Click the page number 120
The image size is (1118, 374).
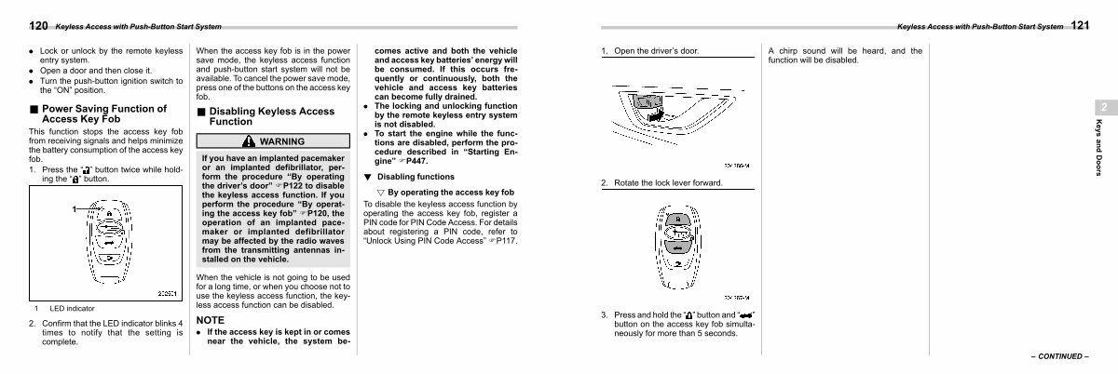tap(38, 26)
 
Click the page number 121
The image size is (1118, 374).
tap(1080, 25)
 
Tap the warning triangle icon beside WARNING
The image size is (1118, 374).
tap(249, 141)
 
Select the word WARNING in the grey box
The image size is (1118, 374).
tap(282, 141)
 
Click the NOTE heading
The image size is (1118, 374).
tap(211, 320)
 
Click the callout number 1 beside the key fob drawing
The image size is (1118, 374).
tap(75, 209)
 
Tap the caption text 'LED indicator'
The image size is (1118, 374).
tap(72, 309)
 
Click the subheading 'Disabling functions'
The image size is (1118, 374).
tap(416, 177)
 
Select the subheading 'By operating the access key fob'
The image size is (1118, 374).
tap(451, 192)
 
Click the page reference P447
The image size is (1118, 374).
tap(416, 161)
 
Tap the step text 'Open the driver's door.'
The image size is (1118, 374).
tap(656, 51)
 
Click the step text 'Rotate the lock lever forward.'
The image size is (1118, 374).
tap(668, 183)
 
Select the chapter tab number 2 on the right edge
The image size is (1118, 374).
tap(1104, 107)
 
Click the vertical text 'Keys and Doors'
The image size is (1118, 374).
tap(1098, 148)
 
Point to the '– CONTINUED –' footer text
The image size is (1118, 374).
tap(1060, 356)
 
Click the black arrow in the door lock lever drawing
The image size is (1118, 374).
tap(656, 115)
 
